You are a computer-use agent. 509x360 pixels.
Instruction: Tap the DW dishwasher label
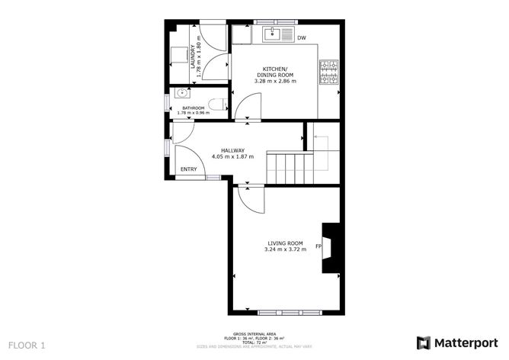click(302, 37)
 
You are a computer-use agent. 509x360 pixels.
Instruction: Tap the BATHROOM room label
click(193, 108)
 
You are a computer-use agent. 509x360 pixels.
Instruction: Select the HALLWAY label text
click(232, 150)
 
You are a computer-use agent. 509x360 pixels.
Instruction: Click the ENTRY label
click(189, 169)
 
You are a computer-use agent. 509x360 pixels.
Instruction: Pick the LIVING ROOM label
click(284, 243)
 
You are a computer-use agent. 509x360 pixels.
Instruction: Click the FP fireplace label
click(319, 246)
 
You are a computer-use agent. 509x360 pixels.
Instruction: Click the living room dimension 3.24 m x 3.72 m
click(284, 249)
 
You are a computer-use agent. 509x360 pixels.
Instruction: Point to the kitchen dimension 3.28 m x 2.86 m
click(274, 80)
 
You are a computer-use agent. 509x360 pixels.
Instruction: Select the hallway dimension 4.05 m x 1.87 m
click(232, 156)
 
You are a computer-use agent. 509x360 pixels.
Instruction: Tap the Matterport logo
click(455, 342)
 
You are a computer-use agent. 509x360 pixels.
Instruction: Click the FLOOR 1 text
click(27, 345)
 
